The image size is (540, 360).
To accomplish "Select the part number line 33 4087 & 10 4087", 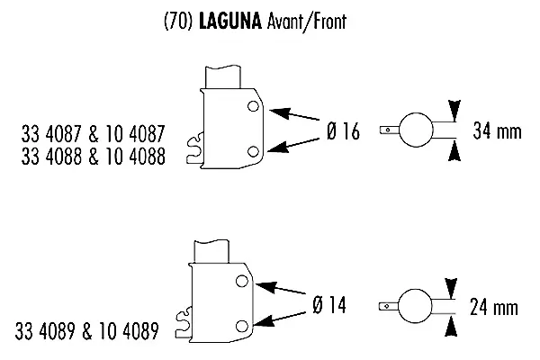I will [x=93, y=135].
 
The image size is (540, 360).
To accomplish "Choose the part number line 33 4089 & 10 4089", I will [x=88, y=331].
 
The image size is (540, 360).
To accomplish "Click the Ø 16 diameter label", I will [x=342, y=132].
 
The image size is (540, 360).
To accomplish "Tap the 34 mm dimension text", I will [x=497, y=132].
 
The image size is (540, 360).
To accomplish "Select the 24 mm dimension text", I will [x=494, y=308].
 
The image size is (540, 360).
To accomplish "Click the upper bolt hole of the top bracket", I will [x=255, y=109].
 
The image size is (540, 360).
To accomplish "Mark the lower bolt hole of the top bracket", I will [x=254, y=150].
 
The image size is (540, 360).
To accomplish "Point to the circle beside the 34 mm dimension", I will [x=414, y=130].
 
